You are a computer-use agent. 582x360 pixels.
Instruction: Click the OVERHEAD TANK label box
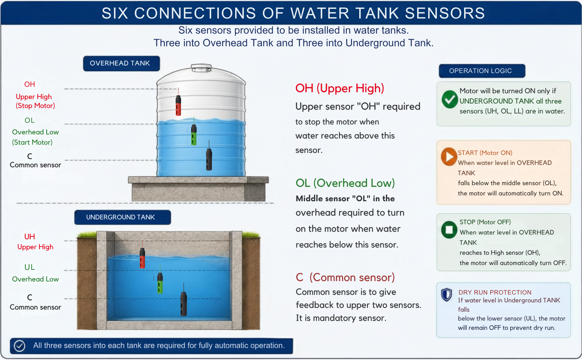(121, 63)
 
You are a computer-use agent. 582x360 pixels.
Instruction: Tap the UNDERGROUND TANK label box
(123, 217)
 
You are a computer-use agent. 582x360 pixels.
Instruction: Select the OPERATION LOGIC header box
(482, 71)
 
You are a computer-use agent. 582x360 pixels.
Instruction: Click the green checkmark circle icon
(450, 99)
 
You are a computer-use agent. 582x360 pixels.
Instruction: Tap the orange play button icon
(449, 157)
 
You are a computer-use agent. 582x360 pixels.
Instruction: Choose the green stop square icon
(449, 230)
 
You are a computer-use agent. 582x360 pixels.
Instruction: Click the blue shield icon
(447, 295)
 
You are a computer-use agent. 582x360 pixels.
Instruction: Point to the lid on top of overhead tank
(201, 68)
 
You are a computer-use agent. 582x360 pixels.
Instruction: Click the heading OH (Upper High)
(340, 88)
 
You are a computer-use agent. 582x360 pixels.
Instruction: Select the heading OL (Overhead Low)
(345, 183)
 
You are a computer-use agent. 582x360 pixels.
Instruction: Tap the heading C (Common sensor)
(345, 278)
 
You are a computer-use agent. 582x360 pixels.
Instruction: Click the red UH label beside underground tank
(29, 237)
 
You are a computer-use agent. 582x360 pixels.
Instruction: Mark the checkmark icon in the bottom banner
(20, 346)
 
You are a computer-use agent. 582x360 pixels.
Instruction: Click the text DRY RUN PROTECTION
(495, 292)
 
